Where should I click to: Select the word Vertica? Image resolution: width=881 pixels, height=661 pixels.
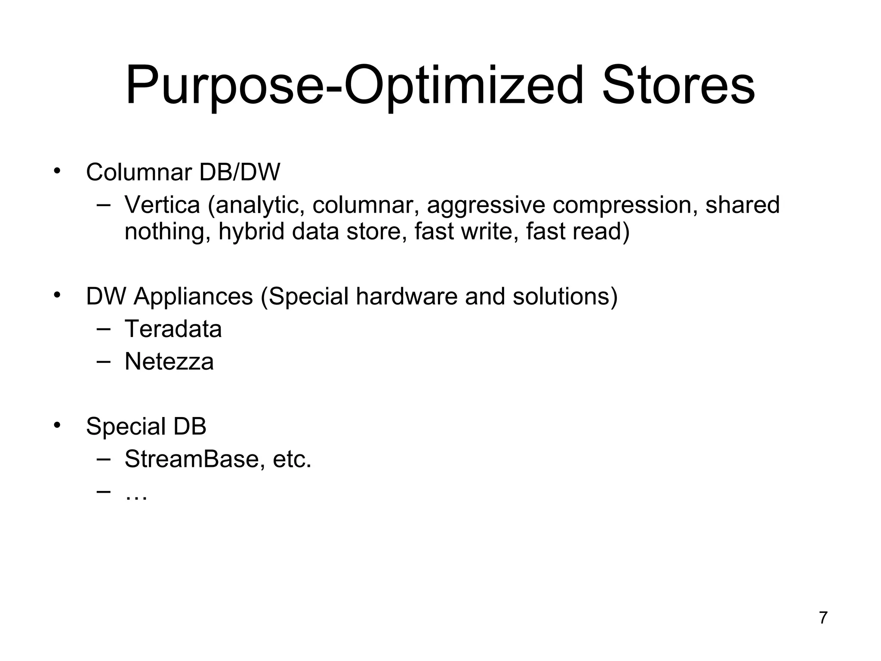pos(162,205)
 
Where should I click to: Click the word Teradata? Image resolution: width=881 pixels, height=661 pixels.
pos(173,329)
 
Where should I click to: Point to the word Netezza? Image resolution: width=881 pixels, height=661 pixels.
pos(169,361)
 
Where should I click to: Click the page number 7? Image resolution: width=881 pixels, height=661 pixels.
pos(823,618)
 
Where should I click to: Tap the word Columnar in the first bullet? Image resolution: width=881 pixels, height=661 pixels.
pos(139,173)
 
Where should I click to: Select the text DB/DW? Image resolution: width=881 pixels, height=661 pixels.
pos(240,173)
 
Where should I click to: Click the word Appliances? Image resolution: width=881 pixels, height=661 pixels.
pos(193,297)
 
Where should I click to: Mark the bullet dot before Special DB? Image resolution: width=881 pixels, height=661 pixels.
pos(57,425)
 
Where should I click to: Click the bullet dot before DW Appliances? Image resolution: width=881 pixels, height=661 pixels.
pos(57,295)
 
